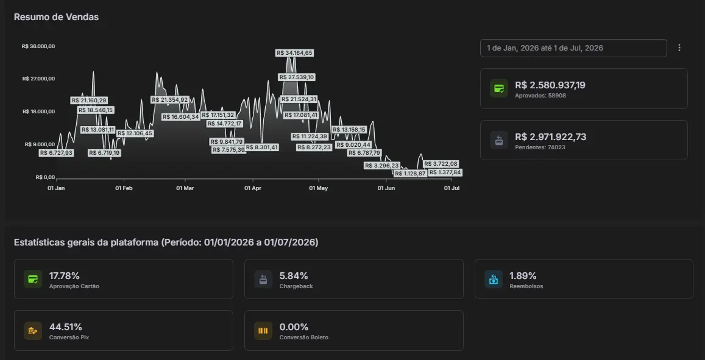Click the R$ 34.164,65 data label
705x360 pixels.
(x=294, y=53)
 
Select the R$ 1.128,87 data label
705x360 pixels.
(x=410, y=174)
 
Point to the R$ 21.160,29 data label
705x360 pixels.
(x=88, y=101)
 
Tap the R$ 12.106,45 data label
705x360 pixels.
(x=135, y=133)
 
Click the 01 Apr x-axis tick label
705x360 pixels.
(x=253, y=188)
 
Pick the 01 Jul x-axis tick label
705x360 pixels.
(x=452, y=188)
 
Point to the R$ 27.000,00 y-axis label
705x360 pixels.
(x=38, y=79)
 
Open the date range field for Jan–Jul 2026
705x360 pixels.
(x=573, y=48)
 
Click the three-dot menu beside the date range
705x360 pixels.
(x=679, y=48)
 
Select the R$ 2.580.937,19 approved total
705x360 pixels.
(x=550, y=85)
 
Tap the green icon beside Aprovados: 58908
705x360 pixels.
(x=499, y=88)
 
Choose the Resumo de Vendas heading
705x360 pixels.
(x=56, y=17)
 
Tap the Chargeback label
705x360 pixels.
(x=296, y=286)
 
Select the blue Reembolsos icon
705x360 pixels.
(x=493, y=279)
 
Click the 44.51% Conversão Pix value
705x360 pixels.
(x=66, y=327)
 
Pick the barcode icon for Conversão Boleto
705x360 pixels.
(x=263, y=331)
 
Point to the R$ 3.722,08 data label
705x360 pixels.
(x=441, y=164)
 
